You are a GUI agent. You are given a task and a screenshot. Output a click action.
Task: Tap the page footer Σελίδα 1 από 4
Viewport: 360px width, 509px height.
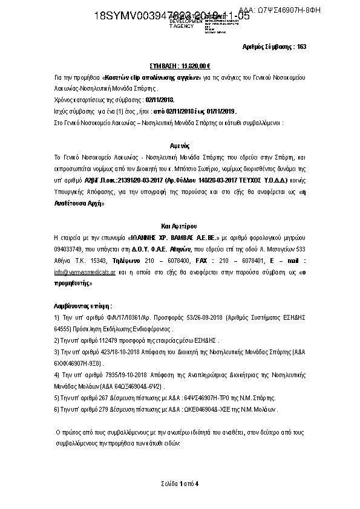(x=180, y=483)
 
